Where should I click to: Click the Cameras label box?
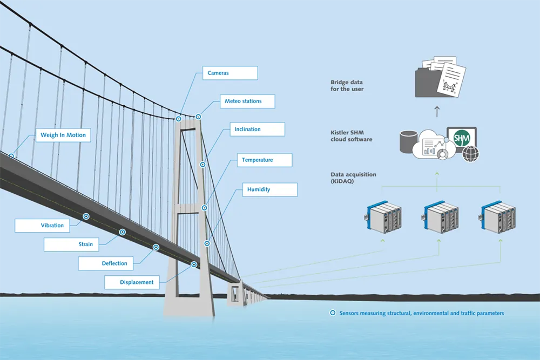pos(230,73)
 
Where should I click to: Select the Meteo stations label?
pos(247,101)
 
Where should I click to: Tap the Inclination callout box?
pos(257,130)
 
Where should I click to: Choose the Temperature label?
pos(265,160)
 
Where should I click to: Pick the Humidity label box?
pos(269,189)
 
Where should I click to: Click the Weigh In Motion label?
pos(63,135)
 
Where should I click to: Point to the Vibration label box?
pos(42,226)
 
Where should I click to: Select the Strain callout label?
pos(71,244)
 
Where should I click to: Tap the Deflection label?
pos(106,263)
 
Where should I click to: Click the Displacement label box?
pos(132,282)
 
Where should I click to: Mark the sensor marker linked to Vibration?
pos(86,216)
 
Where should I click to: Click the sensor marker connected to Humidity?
pos(207,243)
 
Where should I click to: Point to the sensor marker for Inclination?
pos(203,165)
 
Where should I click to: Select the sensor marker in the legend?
pos(333,313)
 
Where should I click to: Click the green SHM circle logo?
pos(462,138)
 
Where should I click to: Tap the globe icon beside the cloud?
pos(470,153)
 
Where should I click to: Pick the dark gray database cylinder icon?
pos(408,141)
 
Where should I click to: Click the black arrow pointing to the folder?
pos(437,111)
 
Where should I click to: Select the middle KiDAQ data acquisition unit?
pos(441,217)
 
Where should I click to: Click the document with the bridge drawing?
pos(451,79)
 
